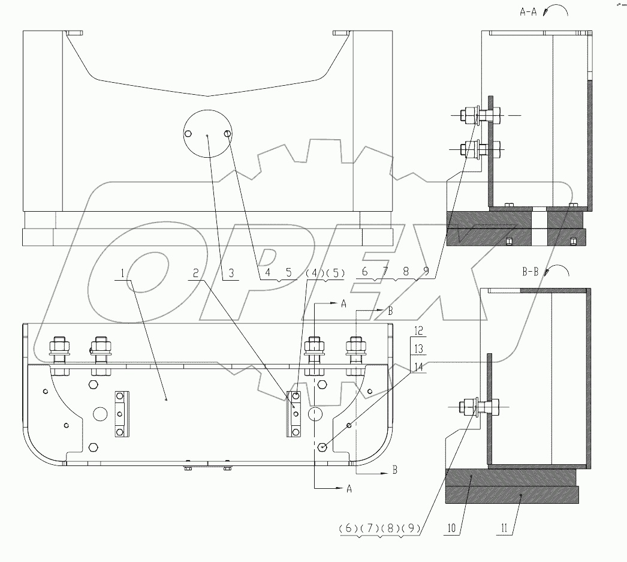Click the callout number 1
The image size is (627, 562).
click(122, 274)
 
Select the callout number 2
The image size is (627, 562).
click(195, 274)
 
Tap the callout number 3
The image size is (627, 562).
click(230, 274)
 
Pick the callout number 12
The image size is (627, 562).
click(418, 330)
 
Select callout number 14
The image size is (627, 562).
click(418, 366)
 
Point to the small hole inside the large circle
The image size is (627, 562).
click(228, 134)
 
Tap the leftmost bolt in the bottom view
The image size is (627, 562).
click(59, 354)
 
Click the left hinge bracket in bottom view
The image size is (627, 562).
click(120, 414)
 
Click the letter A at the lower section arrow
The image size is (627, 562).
click(349, 489)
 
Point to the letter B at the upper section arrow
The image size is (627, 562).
click(390, 311)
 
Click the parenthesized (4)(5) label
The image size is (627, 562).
click(325, 274)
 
